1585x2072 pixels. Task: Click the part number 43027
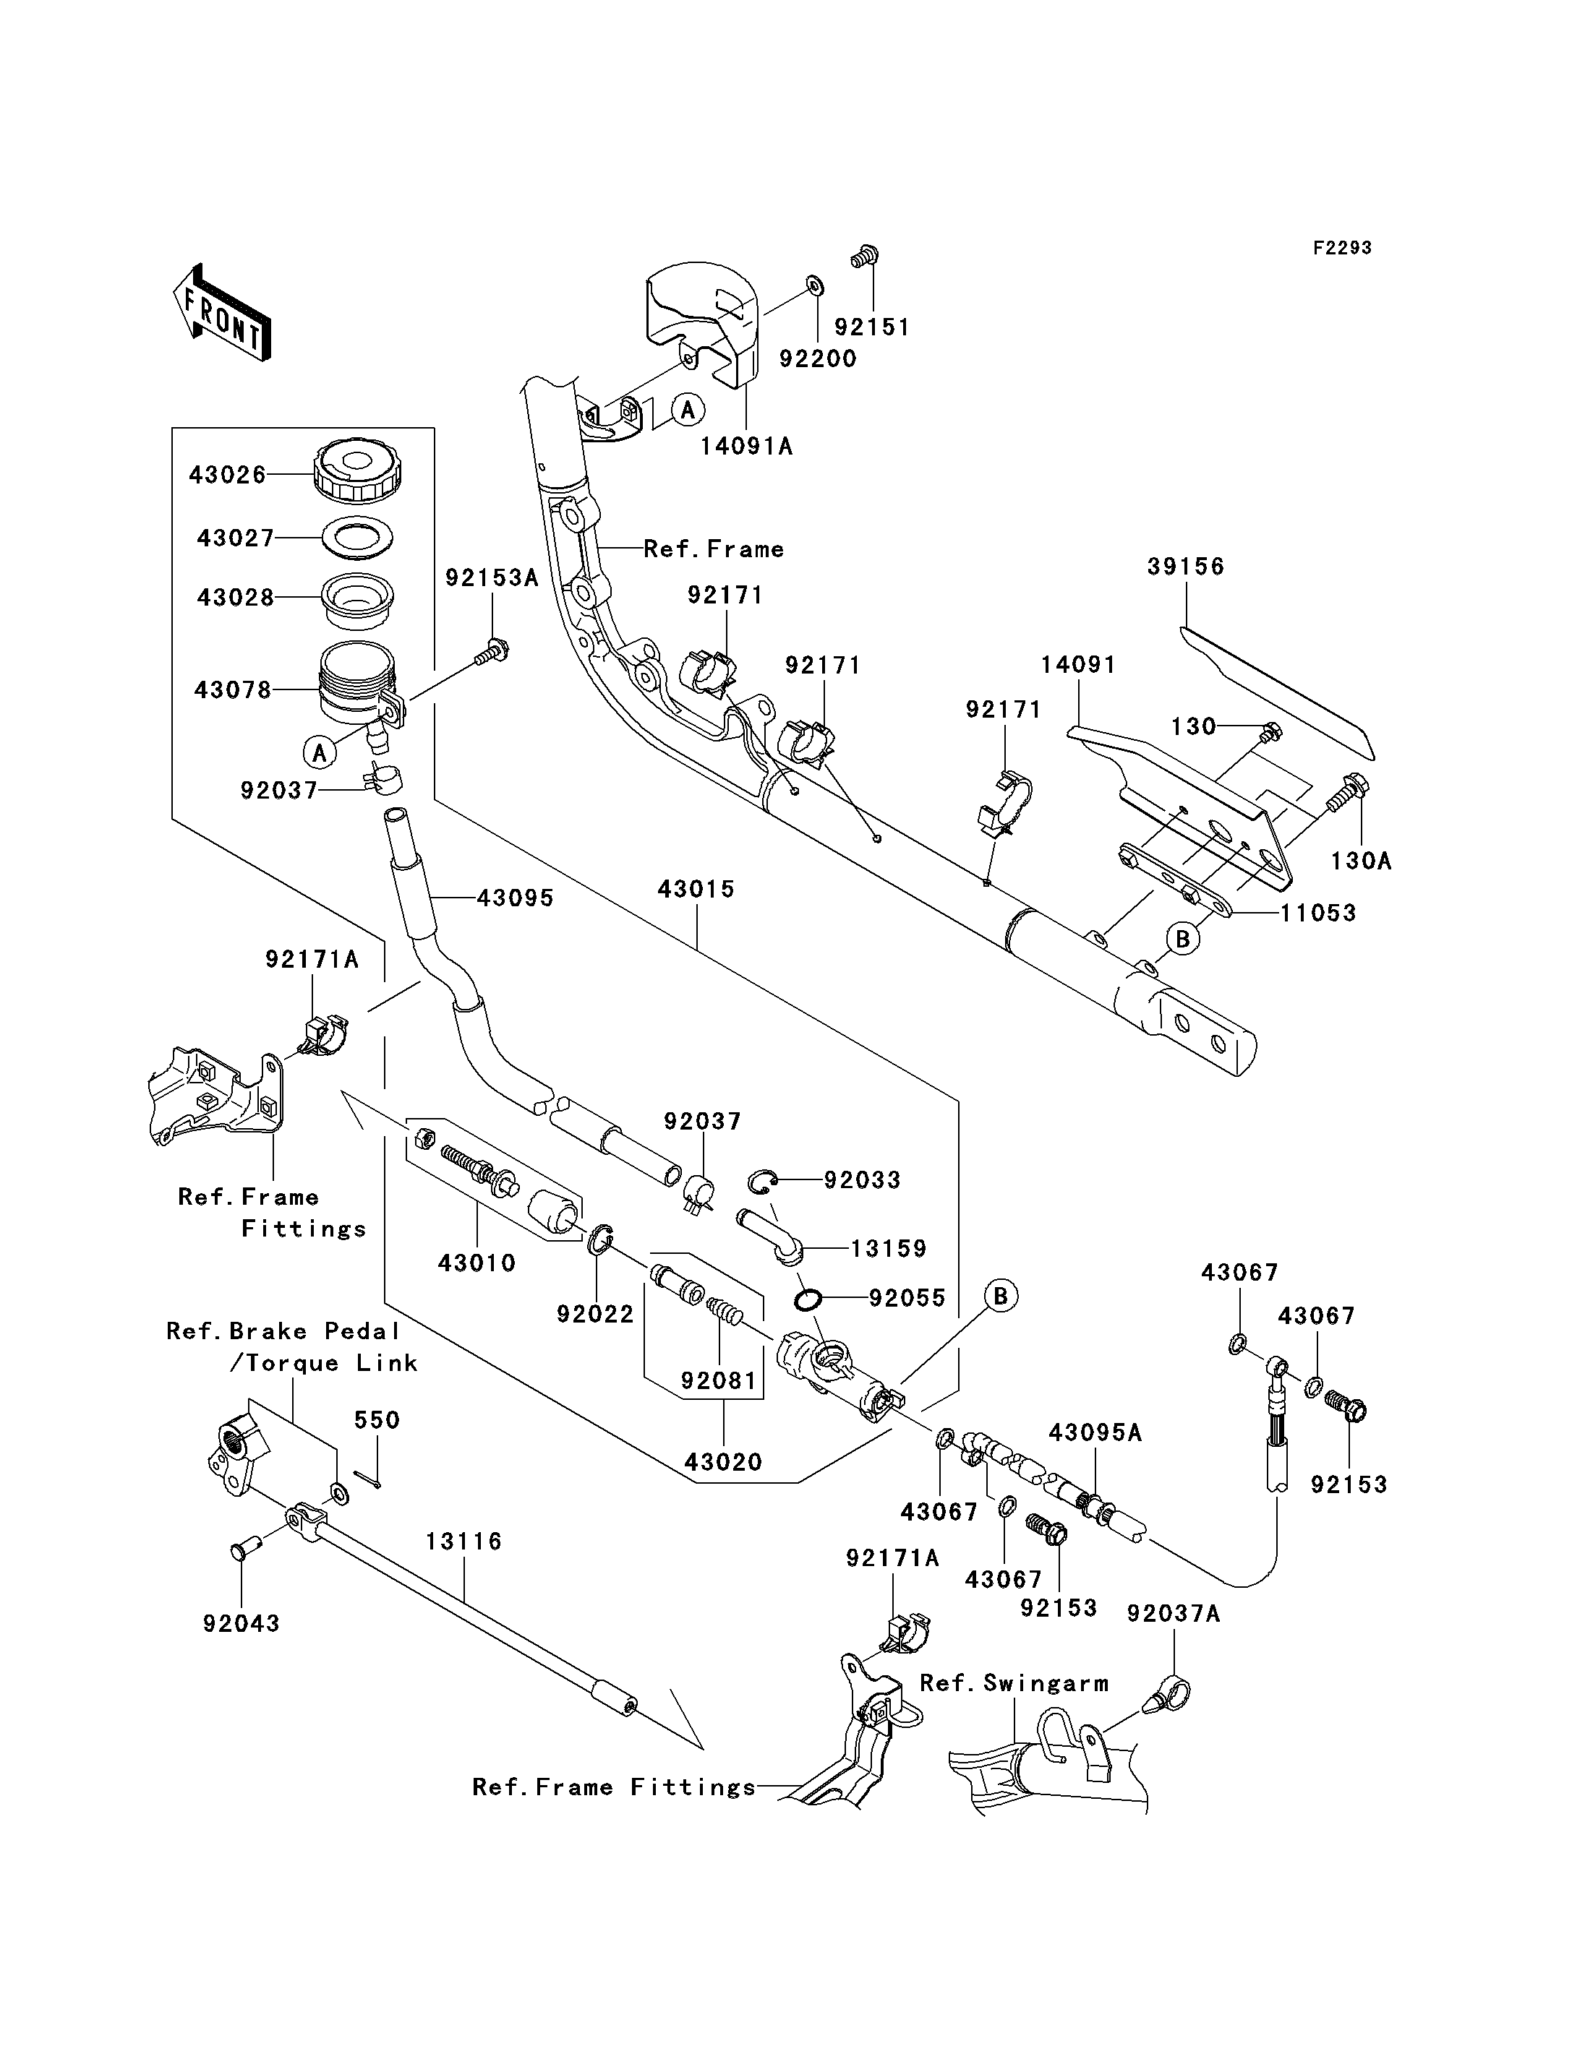[235, 538]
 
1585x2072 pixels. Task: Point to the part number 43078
[232, 689]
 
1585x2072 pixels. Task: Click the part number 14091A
[746, 446]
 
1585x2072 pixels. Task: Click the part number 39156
[1186, 566]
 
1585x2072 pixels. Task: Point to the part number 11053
[1318, 912]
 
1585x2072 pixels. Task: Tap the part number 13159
[889, 1249]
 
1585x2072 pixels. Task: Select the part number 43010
[477, 1263]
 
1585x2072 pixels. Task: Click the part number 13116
[463, 1541]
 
